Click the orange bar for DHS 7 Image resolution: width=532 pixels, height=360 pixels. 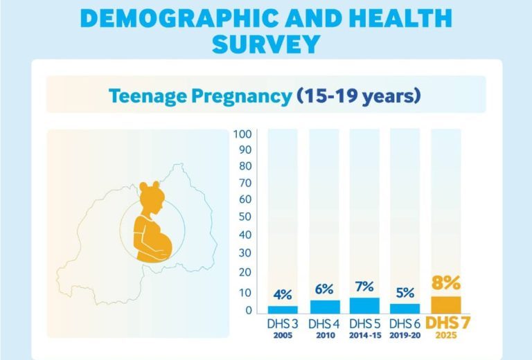pos(446,305)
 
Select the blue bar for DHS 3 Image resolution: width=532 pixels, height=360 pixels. pos(283,309)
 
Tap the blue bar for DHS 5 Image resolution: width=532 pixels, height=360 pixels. pos(365,305)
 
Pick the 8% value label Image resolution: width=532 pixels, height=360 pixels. pos(447,283)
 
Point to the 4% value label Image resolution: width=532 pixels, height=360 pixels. pos(283,294)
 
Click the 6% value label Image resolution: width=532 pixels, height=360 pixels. pos(324,288)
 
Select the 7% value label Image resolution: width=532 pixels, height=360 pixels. pos(365,286)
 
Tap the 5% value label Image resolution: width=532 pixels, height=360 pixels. pos(405,291)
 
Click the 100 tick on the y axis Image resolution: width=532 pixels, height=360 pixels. pos(242,134)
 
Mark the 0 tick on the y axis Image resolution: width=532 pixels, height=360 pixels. pos(248,310)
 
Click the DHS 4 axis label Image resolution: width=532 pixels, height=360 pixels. pos(324,324)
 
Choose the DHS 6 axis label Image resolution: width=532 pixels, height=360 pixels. pos(405,324)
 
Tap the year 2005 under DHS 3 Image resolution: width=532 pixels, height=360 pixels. pos(283,335)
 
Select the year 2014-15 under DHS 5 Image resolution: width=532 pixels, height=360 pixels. pos(365,335)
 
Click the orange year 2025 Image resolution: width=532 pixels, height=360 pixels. pos(447,336)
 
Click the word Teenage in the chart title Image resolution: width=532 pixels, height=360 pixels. pos(148,96)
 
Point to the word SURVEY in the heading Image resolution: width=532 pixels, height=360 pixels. pos(266,43)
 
